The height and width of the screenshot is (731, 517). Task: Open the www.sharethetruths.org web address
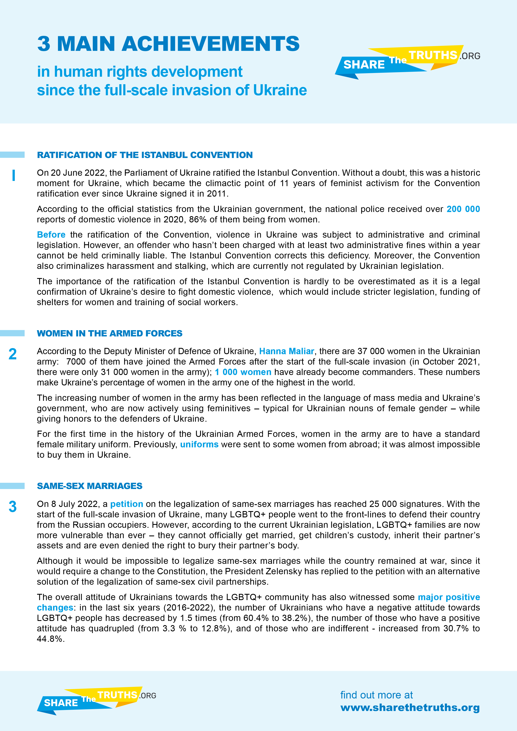[410, 707]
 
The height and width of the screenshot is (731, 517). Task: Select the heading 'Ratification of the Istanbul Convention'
[145, 155]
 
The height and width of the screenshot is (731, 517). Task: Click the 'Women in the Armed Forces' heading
[109, 333]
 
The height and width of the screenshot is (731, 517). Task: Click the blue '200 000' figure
[463, 209]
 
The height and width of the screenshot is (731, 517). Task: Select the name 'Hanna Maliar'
[286, 351]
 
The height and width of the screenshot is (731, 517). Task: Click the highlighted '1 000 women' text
[243, 372]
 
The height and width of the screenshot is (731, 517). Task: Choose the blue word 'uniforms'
[199, 444]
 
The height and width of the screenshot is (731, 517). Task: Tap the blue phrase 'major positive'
[449, 597]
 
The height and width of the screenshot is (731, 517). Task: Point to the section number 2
[13, 354]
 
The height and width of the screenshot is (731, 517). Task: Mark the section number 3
[13, 507]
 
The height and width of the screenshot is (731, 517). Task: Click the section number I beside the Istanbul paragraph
[13, 176]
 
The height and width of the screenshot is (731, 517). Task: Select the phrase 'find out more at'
[376, 695]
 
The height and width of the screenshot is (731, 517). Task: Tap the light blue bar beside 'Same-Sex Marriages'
[12, 486]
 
